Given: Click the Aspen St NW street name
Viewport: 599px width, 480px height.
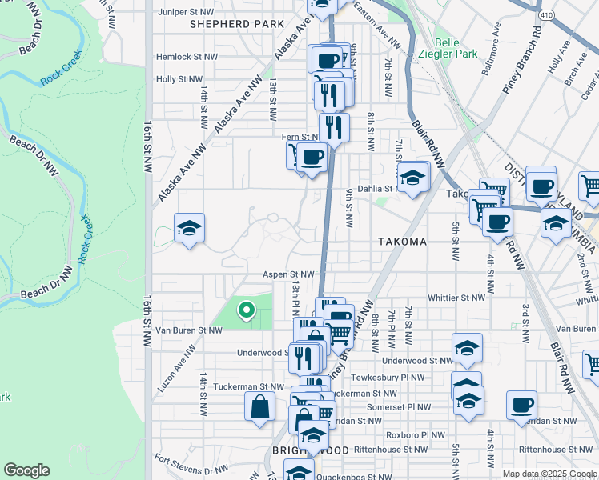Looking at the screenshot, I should click(287, 274).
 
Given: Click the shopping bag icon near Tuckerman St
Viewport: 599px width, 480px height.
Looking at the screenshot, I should click(261, 406).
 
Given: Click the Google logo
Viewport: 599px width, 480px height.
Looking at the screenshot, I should click(26, 470).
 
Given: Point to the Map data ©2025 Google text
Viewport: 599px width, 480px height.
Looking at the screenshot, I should click(549, 474).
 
